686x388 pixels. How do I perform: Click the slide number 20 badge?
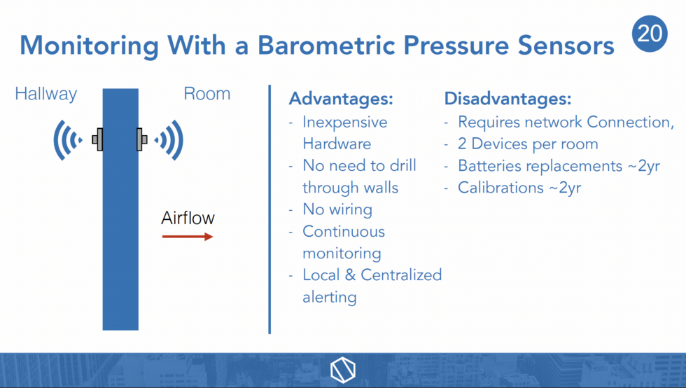(651, 35)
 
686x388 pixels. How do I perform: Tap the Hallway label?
(46, 94)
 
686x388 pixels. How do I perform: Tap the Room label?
(206, 94)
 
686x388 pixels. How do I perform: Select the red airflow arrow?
(188, 237)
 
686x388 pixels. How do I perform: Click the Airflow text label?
(188, 218)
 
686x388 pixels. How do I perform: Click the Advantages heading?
(341, 99)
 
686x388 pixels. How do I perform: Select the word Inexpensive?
(344, 122)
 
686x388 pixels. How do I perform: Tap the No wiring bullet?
(337, 209)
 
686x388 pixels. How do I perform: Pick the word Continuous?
(344, 231)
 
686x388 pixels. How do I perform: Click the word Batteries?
(486, 166)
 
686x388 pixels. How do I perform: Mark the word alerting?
(329, 297)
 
